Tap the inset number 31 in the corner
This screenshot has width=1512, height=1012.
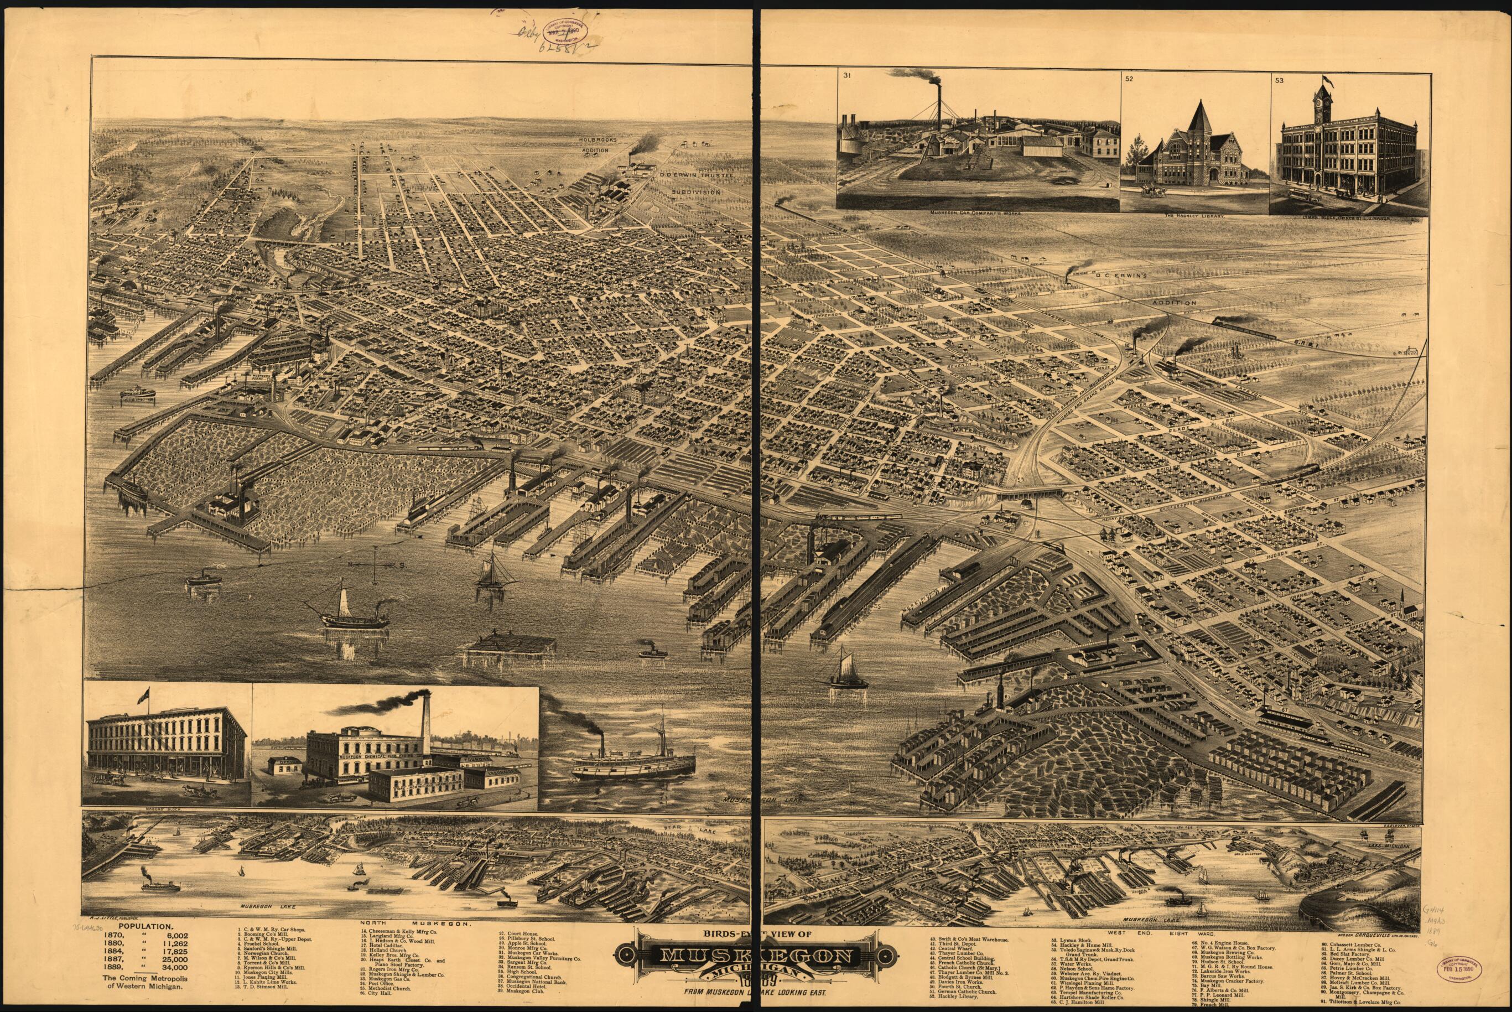[846, 75]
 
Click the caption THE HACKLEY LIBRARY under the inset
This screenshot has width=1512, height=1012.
[1194, 217]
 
